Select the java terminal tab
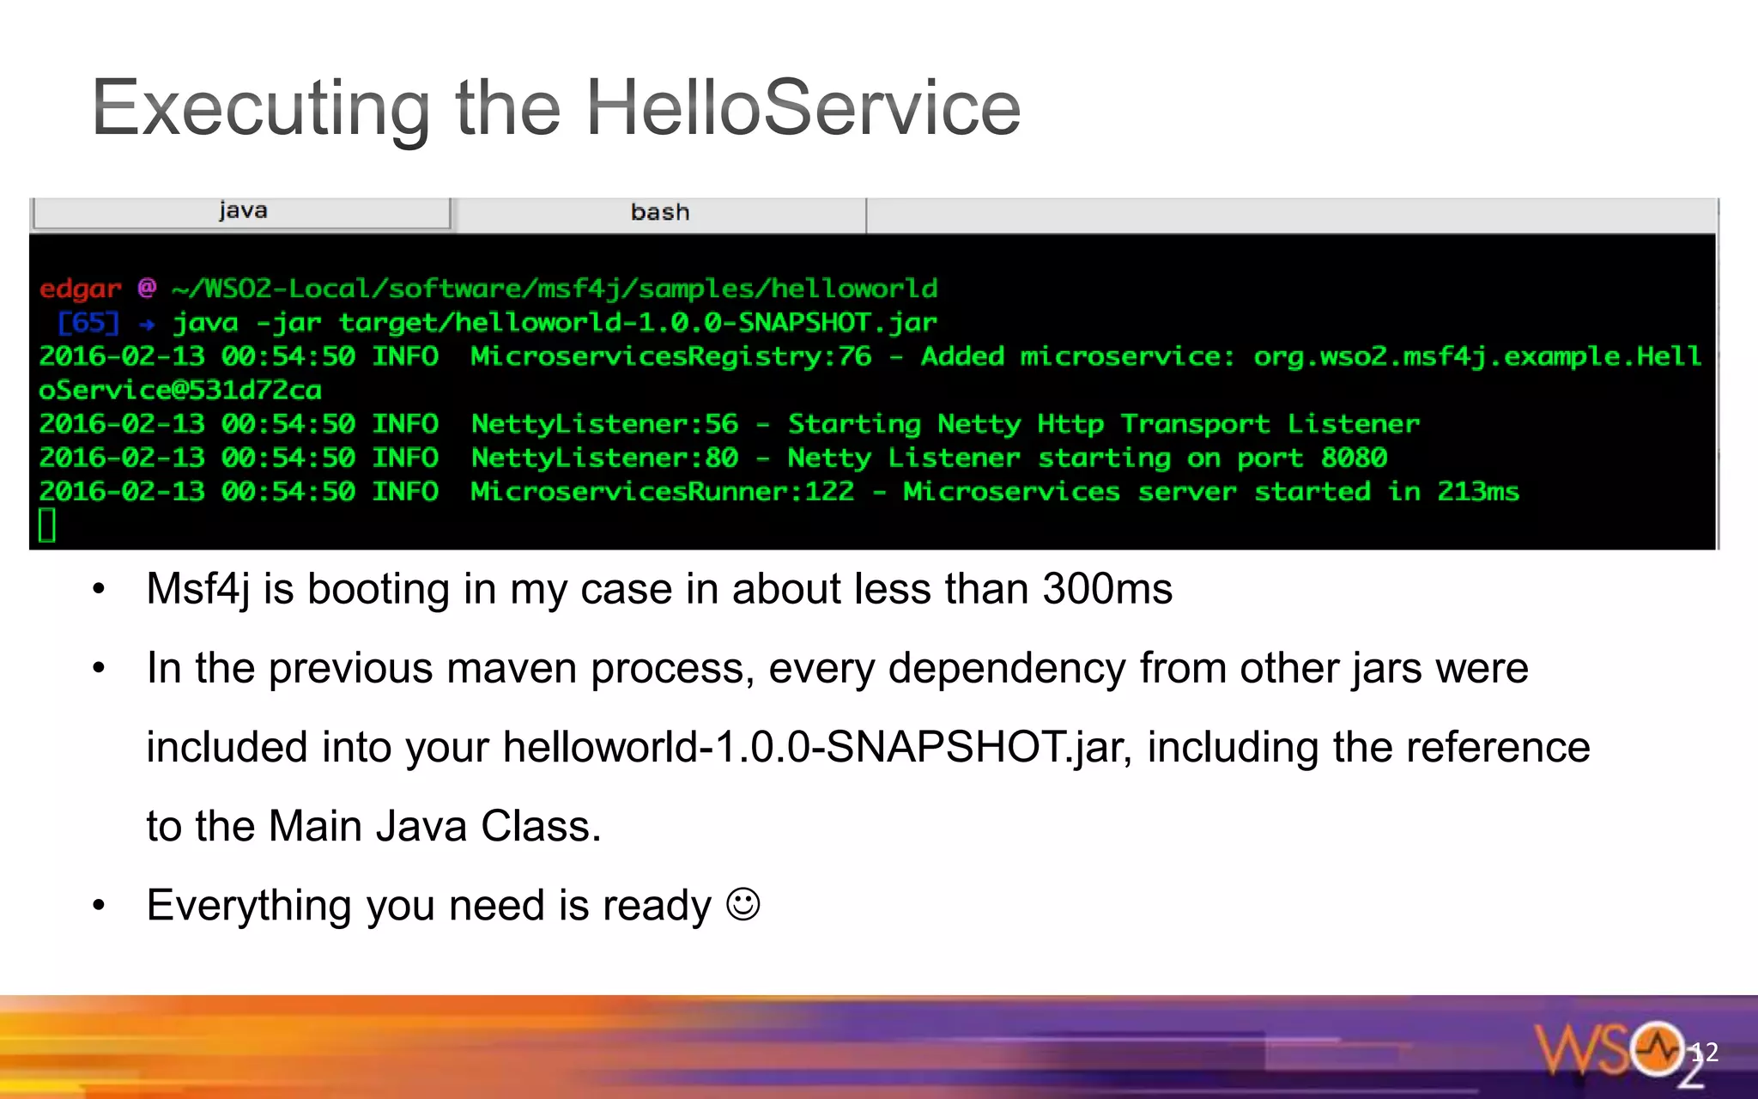click(x=242, y=211)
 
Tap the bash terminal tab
click(x=659, y=212)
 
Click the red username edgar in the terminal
click(x=80, y=288)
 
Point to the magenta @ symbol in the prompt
click(x=147, y=287)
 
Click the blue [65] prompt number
click(x=88, y=323)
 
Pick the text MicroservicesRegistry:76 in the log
click(x=670, y=355)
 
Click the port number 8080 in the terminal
click(x=1354, y=457)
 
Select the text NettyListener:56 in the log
click(x=604, y=423)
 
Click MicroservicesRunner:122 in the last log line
click(x=662, y=491)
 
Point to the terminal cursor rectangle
click(x=47, y=525)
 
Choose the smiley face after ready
click(x=743, y=904)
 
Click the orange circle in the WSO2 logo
click(x=1657, y=1048)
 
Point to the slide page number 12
click(x=1704, y=1052)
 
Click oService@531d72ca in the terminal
click(x=180, y=390)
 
